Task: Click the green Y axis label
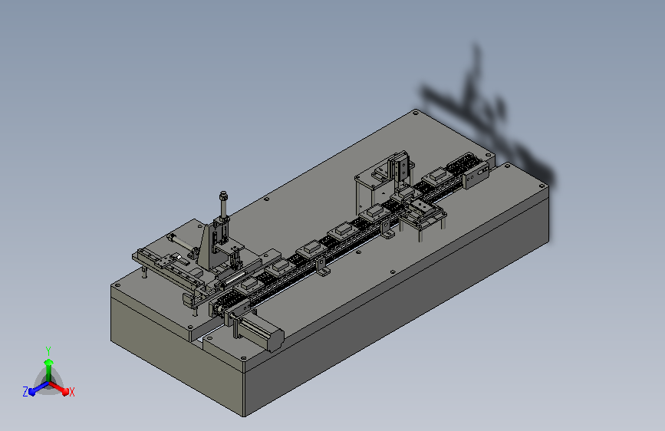pyautogui.click(x=48, y=350)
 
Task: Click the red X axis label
pyautogui.click(x=71, y=392)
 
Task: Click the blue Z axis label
pyautogui.click(x=25, y=392)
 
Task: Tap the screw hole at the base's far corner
pyautogui.click(x=416, y=113)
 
